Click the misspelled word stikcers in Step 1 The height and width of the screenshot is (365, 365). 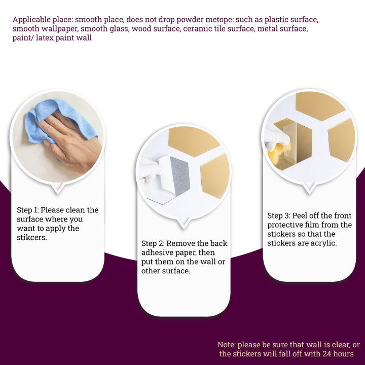[x=31, y=237]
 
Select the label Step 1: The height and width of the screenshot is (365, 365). [x=28, y=210]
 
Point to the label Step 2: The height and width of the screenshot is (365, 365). [x=153, y=243]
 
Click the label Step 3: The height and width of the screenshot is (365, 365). [x=279, y=215]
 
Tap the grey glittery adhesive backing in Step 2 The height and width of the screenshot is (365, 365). [x=180, y=176]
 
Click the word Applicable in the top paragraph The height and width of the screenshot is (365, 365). [x=31, y=20]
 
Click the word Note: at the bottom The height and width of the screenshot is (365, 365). [x=227, y=345]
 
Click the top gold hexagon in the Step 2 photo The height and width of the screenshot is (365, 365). [x=194, y=141]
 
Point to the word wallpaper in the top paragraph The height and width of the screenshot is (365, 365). [x=59, y=29]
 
